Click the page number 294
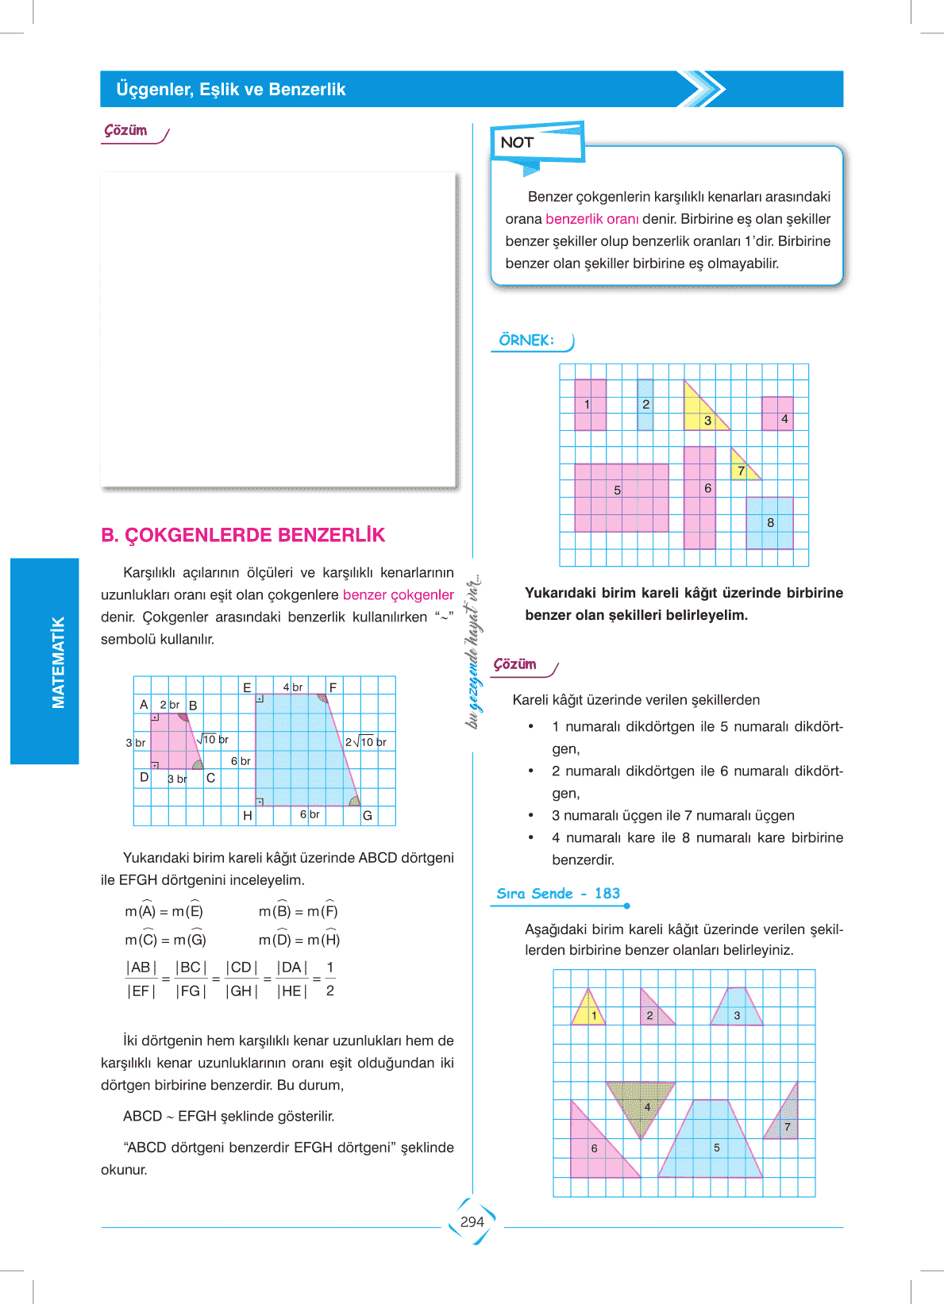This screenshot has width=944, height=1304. (x=472, y=1222)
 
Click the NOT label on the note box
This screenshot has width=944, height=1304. (x=517, y=143)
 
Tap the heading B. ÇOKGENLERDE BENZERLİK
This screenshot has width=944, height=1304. (x=243, y=536)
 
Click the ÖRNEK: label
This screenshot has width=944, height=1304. (x=526, y=340)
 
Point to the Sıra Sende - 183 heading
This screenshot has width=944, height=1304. (x=558, y=894)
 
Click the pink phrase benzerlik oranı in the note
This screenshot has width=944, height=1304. (x=591, y=219)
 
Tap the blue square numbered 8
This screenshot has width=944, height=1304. (x=769, y=523)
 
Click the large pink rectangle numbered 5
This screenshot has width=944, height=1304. (x=621, y=498)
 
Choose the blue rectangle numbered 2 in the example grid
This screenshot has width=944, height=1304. (x=645, y=405)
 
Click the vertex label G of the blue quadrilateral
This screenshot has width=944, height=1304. (x=368, y=816)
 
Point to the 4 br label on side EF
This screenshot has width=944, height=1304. (x=293, y=687)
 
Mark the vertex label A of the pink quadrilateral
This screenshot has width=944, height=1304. (x=144, y=705)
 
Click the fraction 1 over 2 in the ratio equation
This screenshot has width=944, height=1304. (x=330, y=979)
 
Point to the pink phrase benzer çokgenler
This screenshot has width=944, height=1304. (x=398, y=595)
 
